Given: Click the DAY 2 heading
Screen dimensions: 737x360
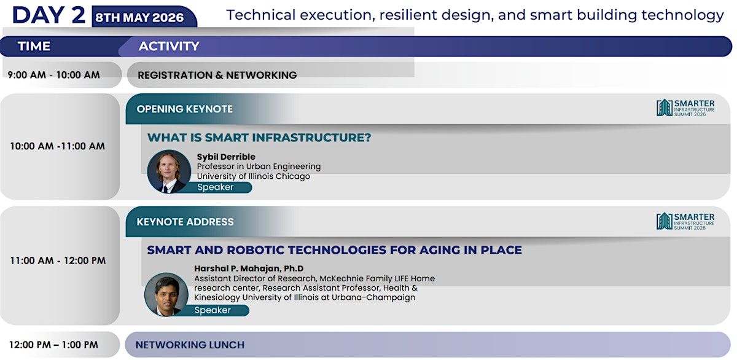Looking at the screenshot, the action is pos(49,15).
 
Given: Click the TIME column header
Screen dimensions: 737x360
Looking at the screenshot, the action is pos(34,46).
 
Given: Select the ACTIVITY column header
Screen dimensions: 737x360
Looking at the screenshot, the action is pos(169,46).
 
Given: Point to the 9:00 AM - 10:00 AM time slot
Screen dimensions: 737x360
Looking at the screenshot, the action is pos(53,75).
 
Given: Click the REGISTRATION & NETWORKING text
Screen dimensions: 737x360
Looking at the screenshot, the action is pos(217,76).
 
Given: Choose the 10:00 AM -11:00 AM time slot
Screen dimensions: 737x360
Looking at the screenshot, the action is pos(58,146).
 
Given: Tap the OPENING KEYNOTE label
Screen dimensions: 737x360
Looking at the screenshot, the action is pos(185,109).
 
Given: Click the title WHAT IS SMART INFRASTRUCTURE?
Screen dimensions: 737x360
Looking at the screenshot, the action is pos(259,138).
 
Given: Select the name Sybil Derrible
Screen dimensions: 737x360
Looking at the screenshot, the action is pos(226,157).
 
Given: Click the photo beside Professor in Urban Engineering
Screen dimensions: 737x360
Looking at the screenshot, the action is pos(169,171).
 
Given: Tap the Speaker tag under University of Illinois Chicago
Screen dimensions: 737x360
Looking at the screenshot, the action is pos(216,187).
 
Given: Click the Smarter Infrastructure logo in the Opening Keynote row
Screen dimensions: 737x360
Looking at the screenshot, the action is pos(685,108).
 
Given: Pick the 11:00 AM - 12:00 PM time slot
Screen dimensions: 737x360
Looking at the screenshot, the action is pos(58,260).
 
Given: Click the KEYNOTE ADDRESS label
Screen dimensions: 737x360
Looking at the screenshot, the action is pos(185,222).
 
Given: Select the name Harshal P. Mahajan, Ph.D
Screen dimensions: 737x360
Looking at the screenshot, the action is pos(249,268).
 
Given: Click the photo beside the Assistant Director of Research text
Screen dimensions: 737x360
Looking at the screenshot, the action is pos(166,294).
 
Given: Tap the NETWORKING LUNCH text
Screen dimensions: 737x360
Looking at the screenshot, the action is pos(190,345).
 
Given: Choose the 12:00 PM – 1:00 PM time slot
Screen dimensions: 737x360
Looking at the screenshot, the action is pos(53,345).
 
